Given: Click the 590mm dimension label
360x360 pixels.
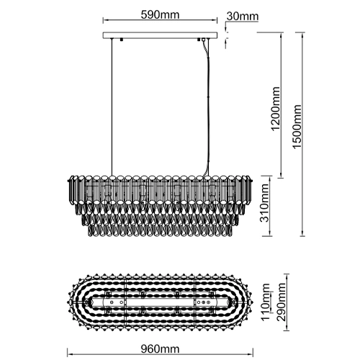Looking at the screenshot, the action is [x=160, y=15].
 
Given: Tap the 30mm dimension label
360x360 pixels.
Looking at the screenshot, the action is [x=243, y=17].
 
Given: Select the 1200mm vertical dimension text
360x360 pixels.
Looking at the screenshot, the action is [x=275, y=109].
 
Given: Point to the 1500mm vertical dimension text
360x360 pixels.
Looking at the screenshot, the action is [x=297, y=127].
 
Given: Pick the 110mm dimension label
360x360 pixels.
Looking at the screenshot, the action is [x=266, y=302].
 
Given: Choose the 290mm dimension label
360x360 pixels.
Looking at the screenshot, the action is [x=281, y=302].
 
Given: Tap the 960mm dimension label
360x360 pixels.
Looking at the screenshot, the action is [x=160, y=348].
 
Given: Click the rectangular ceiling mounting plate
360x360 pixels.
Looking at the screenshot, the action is [x=160, y=35].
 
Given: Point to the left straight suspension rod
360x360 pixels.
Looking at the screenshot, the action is [x=112, y=107].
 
